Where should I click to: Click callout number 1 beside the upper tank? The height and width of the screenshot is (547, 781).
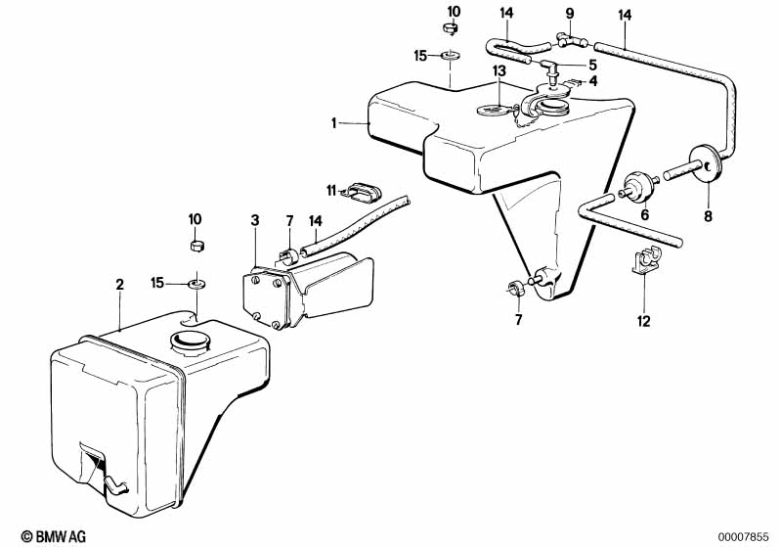coord(333,123)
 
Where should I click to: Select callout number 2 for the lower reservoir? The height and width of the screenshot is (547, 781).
coord(119,285)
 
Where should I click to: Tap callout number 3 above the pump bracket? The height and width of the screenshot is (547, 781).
coord(254,222)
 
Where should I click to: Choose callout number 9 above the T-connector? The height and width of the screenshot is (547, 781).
coord(568,14)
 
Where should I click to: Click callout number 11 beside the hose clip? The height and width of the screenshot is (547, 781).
coord(331,189)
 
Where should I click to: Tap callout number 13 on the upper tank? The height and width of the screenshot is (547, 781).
coord(499,71)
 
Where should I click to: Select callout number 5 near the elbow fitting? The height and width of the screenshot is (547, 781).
coord(593,66)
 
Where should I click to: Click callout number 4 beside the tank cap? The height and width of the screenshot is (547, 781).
coord(593,81)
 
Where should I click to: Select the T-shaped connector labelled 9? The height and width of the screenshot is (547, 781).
coord(569,40)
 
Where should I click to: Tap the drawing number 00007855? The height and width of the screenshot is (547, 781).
coord(747,536)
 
